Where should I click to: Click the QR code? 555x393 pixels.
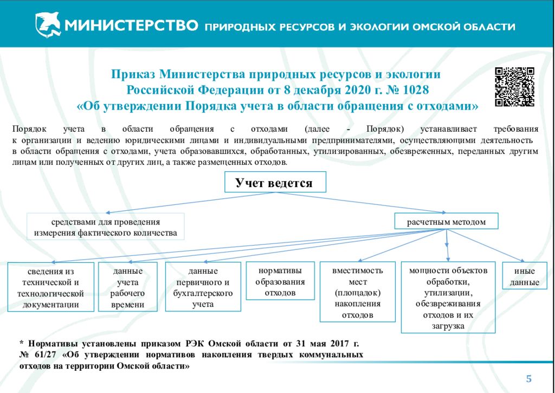[514, 87]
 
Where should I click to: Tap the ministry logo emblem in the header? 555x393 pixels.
[48, 24]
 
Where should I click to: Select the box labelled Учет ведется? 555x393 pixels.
[275, 182]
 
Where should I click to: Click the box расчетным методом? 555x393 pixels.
[447, 221]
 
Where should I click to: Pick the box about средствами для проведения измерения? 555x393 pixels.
[106, 227]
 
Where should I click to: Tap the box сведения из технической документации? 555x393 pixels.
[50, 287]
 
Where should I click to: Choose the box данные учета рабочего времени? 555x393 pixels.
[128, 287]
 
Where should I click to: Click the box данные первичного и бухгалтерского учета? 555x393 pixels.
[203, 287]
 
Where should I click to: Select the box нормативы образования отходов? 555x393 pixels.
[280, 281]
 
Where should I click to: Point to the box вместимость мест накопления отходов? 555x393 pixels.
[358, 292]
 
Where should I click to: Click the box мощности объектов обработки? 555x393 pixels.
[448, 298]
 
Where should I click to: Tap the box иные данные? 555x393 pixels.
[525, 276]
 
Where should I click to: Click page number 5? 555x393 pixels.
[529, 379]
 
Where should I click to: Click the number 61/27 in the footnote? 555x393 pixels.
[43, 355]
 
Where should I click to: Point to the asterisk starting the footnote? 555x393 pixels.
[22, 343]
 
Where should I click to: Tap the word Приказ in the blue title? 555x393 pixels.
[134, 75]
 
